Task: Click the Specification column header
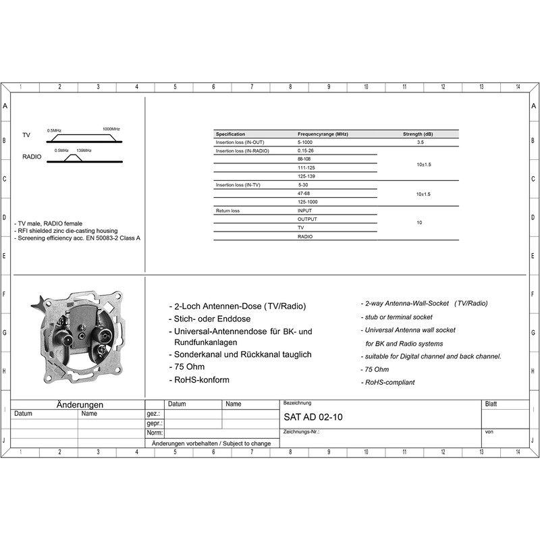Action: (230, 134)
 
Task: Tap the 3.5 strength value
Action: (421, 142)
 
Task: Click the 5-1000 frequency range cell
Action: (305, 142)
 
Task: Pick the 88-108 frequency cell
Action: (304, 159)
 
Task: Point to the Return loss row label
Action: (227, 211)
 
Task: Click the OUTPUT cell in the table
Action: (307, 219)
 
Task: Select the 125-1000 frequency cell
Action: (307, 202)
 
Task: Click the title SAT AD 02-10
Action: (313, 417)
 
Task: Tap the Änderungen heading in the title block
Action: (80, 404)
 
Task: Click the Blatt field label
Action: (491, 404)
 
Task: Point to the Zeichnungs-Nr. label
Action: (301, 431)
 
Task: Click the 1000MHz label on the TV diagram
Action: (111, 129)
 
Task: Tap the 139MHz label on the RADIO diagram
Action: (84, 151)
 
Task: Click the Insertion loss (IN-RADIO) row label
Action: (242, 151)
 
